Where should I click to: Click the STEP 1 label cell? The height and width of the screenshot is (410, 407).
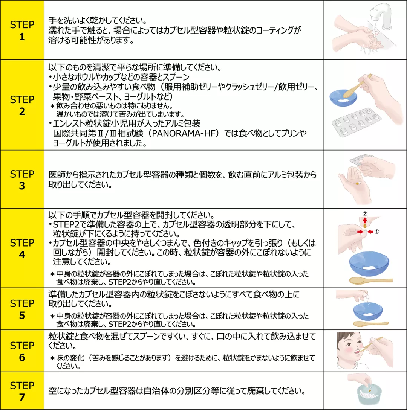(x=22, y=30)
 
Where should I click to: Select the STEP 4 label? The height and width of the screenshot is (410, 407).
(x=22, y=248)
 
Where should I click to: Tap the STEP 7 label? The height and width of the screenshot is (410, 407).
(x=22, y=391)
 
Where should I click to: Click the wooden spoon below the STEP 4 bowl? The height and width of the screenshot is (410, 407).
(x=371, y=280)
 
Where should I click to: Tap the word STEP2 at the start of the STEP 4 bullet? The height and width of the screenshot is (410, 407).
(x=66, y=224)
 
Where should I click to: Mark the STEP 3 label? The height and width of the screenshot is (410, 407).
(x=22, y=180)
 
